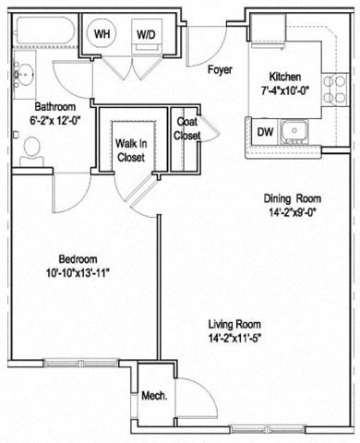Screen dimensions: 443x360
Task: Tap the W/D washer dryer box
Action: pos(146,34)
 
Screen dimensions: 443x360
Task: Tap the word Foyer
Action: pos(219,70)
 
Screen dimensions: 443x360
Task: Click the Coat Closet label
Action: pos(187,129)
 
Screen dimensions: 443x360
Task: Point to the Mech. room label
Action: pos(153,396)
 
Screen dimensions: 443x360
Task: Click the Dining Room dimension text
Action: pos(291,211)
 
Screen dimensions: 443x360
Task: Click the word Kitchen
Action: pos(285,77)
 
